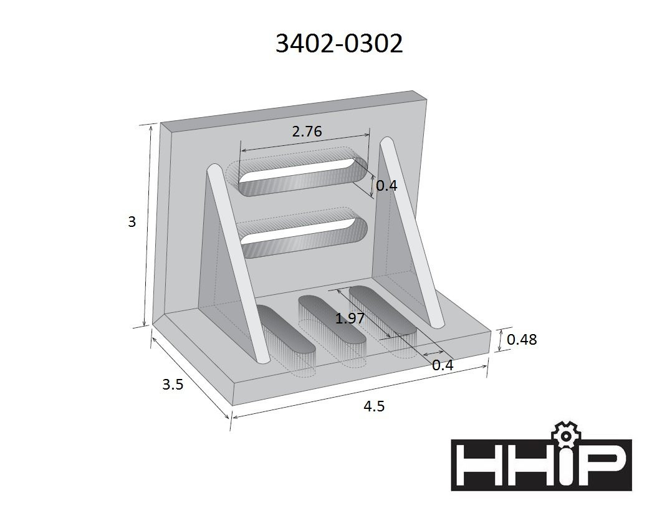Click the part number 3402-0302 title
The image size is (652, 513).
point(339,43)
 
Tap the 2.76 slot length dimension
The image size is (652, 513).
point(307,132)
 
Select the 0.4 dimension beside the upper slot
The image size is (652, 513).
point(386,185)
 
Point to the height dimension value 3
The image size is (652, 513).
point(132,222)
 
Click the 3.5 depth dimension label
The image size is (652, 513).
point(173,385)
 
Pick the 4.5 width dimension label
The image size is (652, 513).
point(374,406)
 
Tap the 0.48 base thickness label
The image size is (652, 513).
point(522,340)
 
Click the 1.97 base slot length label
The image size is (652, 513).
point(350,319)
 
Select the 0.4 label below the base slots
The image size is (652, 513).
point(443,365)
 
